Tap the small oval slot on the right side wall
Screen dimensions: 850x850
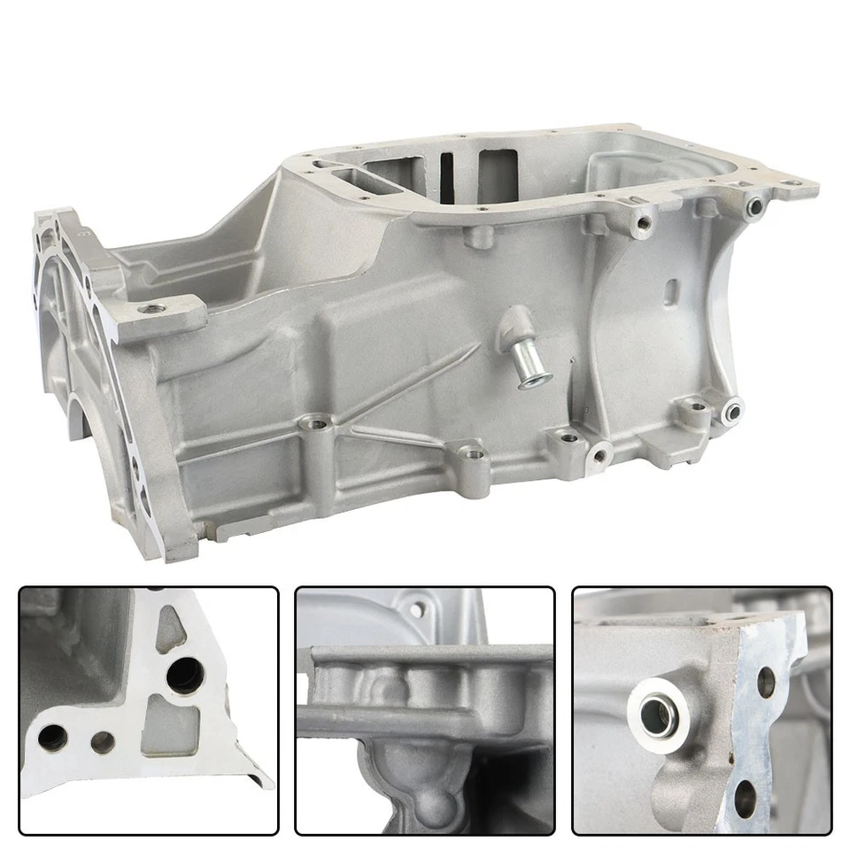tap(672, 290)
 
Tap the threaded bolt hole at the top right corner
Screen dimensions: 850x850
tap(754, 206)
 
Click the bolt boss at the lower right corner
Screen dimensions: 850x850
tap(731, 409)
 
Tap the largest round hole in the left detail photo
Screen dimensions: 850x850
tap(185, 677)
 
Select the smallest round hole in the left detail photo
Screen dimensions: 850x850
tap(104, 742)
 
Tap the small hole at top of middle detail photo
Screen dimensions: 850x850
tap(416, 608)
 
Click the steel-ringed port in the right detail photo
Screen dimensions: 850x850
tap(655, 714)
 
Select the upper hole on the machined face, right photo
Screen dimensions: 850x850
tap(767, 681)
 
